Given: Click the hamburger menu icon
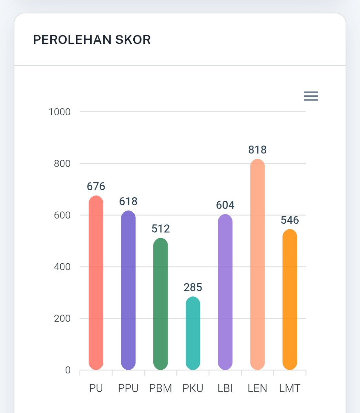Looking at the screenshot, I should coord(311,96).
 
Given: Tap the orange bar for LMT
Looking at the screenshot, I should coord(290,299).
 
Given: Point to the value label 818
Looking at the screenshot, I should coord(257,150).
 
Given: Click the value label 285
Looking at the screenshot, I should coord(193,287).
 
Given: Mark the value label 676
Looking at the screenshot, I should coord(96,187).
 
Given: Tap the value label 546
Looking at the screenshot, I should coord(290,220).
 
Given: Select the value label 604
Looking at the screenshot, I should coord(225,205).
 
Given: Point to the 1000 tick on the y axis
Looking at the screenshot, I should coord(60,112).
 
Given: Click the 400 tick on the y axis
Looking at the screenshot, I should coord(62,267).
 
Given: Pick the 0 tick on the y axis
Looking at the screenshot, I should coord(68,370).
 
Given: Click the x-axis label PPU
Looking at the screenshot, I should coord(128,388).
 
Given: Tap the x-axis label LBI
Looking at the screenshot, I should coord(225,388).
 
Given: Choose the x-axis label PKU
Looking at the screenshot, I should coord(193,388).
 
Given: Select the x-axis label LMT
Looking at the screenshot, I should coord(290,388).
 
